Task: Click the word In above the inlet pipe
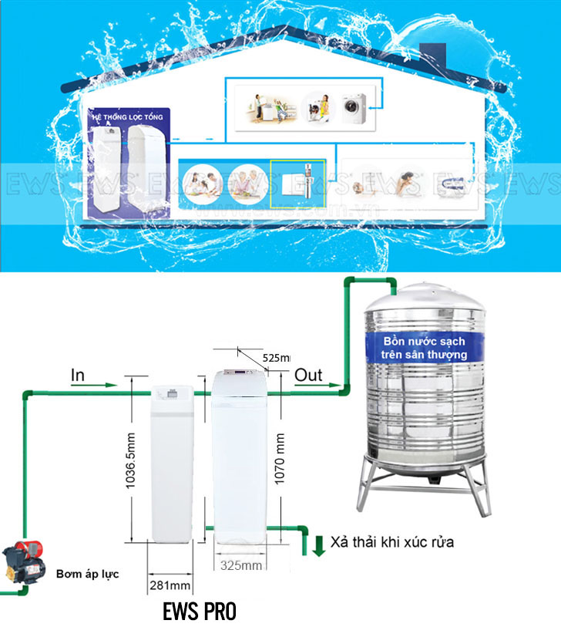coord(78,375)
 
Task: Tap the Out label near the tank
coord(308,375)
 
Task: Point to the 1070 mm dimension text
coord(281,460)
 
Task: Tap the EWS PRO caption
coord(200,612)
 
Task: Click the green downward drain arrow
coord(319,544)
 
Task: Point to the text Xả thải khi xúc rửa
coord(392,542)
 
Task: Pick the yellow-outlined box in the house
coord(298,184)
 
